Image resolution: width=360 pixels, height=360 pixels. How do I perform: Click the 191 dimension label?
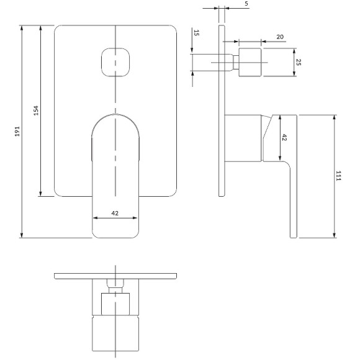[x=17, y=132]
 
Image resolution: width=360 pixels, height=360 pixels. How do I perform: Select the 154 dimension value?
[x=36, y=110]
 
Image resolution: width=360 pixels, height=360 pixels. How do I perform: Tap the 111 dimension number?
[x=338, y=176]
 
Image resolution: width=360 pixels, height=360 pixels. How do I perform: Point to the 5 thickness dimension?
[x=246, y=4]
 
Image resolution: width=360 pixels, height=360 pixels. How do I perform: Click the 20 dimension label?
[x=280, y=37]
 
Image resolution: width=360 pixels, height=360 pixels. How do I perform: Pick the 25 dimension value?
[x=298, y=62]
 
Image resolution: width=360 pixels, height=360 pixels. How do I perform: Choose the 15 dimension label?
[x=196, y=33]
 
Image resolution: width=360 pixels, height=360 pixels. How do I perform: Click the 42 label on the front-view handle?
[x=115, y=214]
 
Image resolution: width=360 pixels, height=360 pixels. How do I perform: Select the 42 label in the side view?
[x=284, y=138]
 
